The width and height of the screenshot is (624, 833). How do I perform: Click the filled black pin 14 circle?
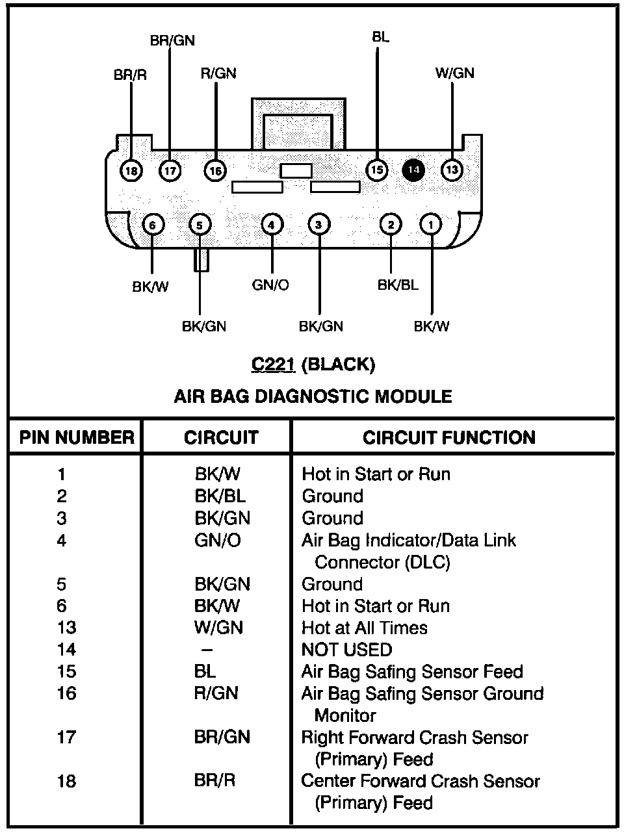[x=413, y=170]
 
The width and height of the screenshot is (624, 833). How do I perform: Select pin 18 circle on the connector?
[x=131, y=171]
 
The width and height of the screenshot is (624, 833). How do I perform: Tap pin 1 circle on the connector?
[x=431, y=225]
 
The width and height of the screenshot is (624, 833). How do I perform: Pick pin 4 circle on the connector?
[x=272, y=225]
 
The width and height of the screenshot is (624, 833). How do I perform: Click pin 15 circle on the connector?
[x=376, y=170]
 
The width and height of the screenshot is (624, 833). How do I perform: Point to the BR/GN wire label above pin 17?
[x=172, y=40]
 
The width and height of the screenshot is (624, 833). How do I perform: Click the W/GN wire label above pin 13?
[x=454, y=73]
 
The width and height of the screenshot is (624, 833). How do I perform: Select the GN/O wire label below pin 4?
[x=270, y=285]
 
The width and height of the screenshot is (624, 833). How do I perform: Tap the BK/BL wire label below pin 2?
[x=398, y=285]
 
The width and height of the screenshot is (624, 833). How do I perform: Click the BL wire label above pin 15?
[x=381, y=37]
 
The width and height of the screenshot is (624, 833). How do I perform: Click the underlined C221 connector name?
[x=273, y=365]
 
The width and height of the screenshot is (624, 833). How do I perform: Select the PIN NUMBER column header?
[x=77, y=437]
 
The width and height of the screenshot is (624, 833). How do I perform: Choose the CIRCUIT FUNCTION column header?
[x=449, y=437]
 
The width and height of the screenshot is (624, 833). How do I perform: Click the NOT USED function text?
[x=347, y=650]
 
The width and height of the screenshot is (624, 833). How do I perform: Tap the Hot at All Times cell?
[x=365, y=628]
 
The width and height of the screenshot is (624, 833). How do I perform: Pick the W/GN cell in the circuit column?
[x=218, y=628]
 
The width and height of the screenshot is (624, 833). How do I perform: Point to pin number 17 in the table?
[x=66, y=737]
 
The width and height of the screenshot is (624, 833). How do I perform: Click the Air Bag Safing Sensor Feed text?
[x=412, y=671]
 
